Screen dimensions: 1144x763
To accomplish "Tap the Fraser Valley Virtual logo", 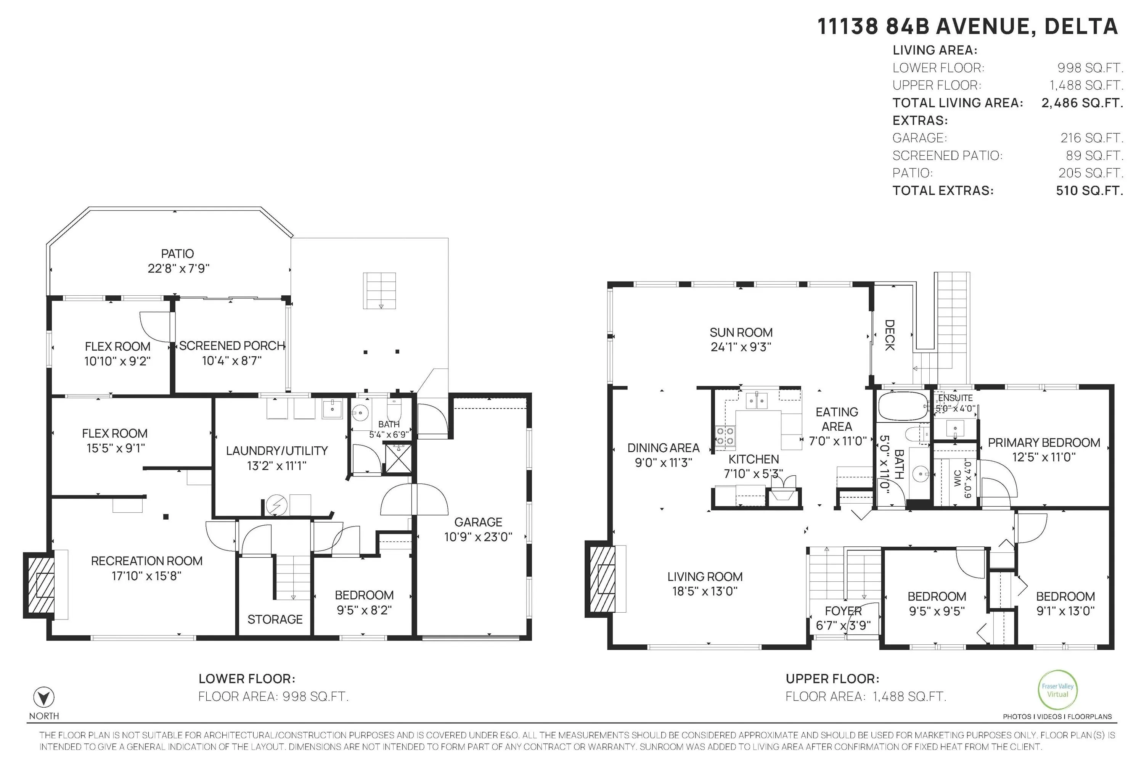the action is (1057, 690).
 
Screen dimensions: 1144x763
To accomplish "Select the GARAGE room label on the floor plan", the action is (478, 522).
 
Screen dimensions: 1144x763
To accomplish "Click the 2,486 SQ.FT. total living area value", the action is (1082, 103).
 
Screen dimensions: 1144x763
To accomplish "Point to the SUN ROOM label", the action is (741, 332).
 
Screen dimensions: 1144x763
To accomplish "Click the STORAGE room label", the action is (275, 620).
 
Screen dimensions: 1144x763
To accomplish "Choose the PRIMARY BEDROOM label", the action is (1044, 443).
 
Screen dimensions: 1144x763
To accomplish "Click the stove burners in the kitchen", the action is (725, 436).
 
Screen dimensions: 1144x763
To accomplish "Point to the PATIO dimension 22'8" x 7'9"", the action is (178, 269).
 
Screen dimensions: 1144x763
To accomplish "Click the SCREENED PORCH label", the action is (232, 346).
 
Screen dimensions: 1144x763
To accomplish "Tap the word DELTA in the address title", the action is (1081, 27).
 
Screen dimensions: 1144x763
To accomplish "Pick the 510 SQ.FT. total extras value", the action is (1089, 191).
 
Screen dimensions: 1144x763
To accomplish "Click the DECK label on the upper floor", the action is (889, 335).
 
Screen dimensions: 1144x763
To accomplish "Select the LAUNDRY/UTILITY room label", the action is (277, 451).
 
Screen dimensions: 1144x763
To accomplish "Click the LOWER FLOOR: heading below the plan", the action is (247, 679).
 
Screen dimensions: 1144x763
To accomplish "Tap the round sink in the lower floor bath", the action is (360, 414).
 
